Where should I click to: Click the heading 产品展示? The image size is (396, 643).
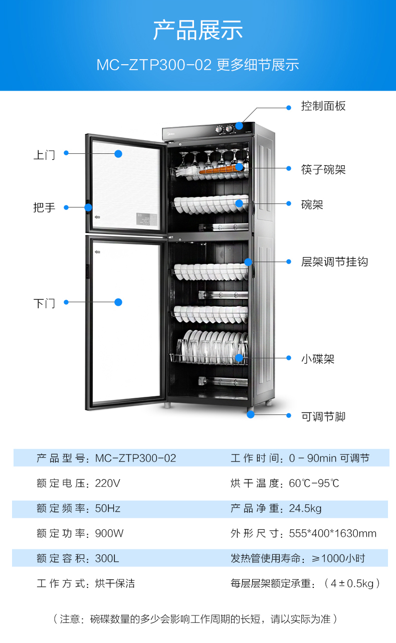[198, 30]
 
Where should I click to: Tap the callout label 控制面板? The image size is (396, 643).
[323, 106]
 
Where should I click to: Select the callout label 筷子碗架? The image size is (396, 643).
[323, 169]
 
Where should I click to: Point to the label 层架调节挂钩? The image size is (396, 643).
[334, 262]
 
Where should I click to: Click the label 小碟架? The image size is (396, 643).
[318, 359]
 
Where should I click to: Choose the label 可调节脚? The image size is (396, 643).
[323, 416]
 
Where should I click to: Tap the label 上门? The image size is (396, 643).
[44, 154]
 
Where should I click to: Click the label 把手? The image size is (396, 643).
[44, 207]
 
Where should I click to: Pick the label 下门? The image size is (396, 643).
[44, 303]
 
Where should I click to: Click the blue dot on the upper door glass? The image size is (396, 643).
[118, 154]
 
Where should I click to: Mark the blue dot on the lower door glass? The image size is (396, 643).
[118, 302]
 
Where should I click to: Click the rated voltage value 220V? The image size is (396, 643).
[108, 484]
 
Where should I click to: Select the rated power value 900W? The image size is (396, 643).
[109, 533]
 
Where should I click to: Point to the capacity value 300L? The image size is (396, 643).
[107, 558]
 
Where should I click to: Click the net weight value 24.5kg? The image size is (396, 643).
[305, 509]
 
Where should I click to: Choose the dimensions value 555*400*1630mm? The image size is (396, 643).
[332, 533]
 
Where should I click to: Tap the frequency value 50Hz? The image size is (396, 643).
[108, 509]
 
